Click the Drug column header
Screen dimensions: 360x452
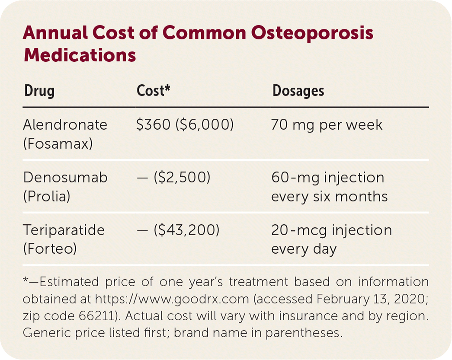39,91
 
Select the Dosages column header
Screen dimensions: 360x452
298,91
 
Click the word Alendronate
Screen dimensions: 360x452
65,125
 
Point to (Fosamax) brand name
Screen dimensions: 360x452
58,143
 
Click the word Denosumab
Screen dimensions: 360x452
65,178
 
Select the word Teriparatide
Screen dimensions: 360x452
64,230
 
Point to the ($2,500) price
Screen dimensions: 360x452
182,178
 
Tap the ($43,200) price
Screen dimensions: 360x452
186,230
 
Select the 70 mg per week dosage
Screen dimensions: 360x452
327,125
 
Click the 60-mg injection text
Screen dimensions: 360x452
327,178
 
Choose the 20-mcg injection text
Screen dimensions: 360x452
331,230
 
